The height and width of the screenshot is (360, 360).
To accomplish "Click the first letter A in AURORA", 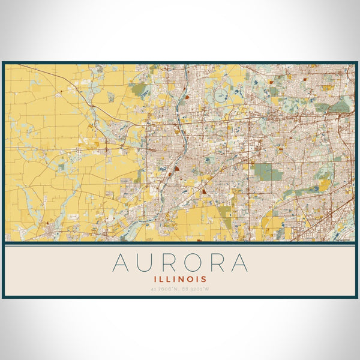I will point(121,262).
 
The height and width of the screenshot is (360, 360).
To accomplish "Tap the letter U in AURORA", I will point(146,262).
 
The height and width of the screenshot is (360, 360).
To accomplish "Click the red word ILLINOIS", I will point(180,279).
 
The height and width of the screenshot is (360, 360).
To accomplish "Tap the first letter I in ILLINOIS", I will point(156,279).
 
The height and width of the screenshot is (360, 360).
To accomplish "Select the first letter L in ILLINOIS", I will point(161,279).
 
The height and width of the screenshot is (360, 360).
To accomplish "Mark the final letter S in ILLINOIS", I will point(205,279).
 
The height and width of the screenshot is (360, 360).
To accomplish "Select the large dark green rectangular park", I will point(267,173).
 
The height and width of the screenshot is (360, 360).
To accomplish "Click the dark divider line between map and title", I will point(180,244).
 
